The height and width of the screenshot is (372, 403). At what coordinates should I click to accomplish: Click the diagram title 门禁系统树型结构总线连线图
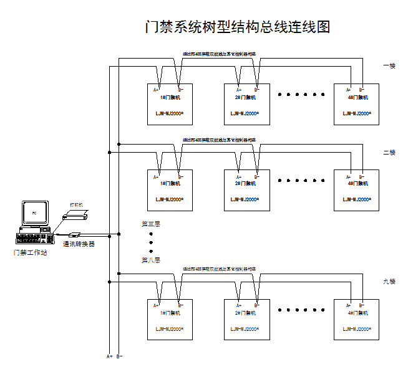click(x=236, y=27)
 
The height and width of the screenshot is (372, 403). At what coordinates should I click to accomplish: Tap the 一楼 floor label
click(x=389, y=66)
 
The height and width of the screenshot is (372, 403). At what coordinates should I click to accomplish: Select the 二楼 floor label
click(x=389, y=152)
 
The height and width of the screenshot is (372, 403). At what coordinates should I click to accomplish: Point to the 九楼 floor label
click(x=389, y=282)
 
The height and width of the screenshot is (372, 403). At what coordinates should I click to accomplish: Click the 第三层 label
click(x=151, y=223)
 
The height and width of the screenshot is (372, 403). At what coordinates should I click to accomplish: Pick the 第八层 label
click(x=151, y=260)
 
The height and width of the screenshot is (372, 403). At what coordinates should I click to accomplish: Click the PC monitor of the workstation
click(x=35, y=214)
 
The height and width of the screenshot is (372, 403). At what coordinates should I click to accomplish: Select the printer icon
click(x=77, y=215)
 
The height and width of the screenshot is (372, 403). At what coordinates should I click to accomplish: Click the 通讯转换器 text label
click(x=79, y=245)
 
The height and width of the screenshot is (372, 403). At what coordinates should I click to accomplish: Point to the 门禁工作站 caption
click(x=31, y=252)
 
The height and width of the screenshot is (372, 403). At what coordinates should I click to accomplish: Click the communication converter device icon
click(x=75, y=235)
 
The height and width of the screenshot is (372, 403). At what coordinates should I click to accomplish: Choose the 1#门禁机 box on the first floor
click(x=170, y=105)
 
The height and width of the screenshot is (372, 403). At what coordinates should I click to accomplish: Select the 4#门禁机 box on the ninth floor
click(x=357, y=320)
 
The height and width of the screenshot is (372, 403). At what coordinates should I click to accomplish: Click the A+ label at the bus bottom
click(x=109, y=356)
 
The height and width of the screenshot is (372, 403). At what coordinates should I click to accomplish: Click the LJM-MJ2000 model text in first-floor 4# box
click(x=357, y=113)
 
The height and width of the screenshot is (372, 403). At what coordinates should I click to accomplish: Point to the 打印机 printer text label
click(x=76, y=204)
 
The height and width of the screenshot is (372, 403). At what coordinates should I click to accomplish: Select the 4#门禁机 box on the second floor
click(x=357, y=191)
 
